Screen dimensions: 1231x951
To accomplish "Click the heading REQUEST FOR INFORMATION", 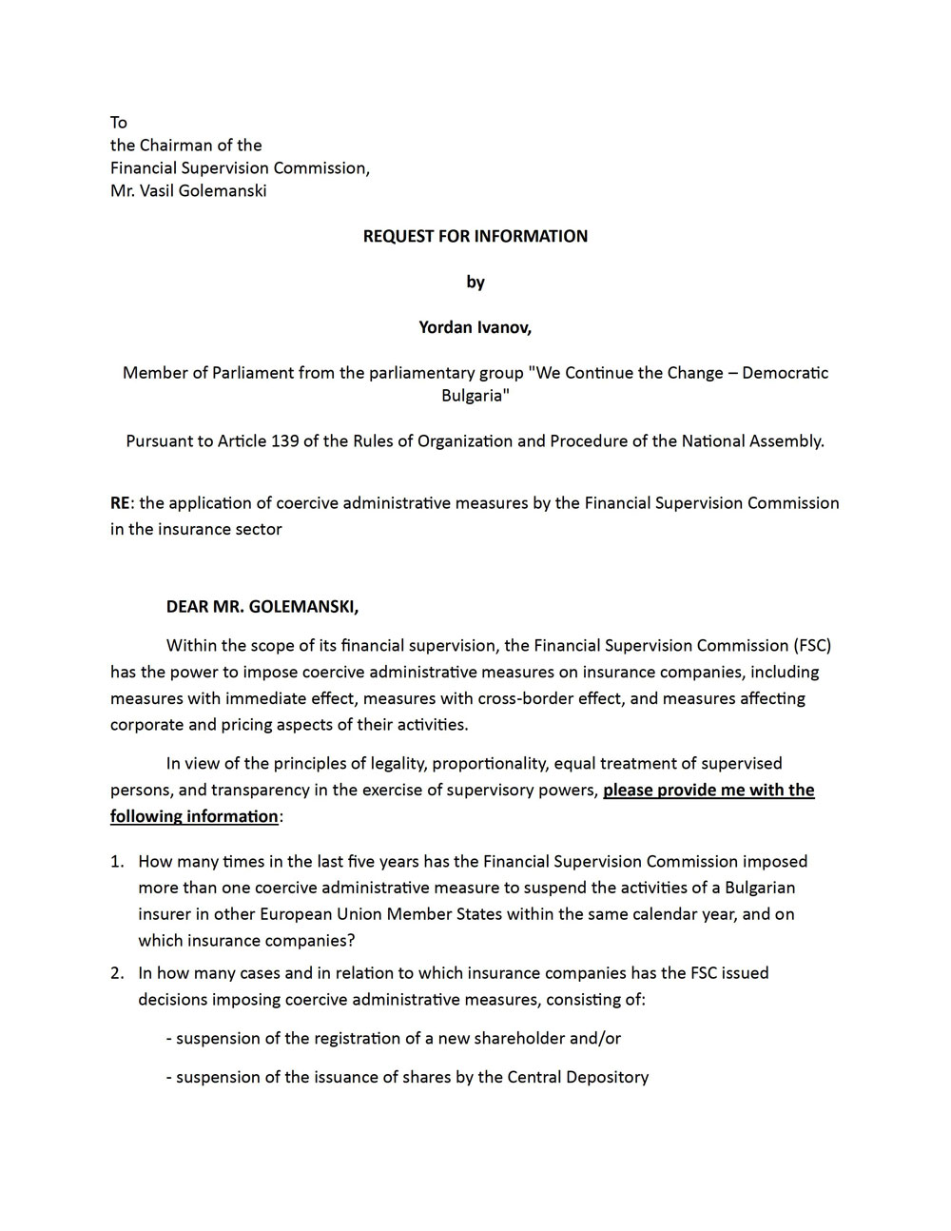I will [475, 236].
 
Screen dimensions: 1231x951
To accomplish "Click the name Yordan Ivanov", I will [475, 327].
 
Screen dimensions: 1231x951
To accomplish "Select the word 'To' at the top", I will [119, 123].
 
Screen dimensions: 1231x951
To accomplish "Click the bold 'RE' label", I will [120, 503].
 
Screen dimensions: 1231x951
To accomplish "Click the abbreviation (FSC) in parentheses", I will [812, 646].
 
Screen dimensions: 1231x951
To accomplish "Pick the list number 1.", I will [117, 862].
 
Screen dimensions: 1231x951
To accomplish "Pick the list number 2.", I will [117, 973].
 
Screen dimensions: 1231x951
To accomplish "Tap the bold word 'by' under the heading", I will [475, 282].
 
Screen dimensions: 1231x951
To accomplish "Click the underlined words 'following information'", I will [194, 817].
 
